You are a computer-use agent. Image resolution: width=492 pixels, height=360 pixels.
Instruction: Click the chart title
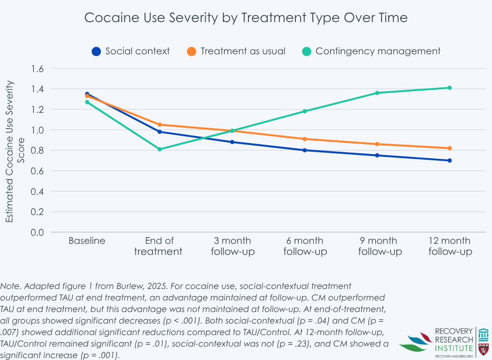(x=246, y=18)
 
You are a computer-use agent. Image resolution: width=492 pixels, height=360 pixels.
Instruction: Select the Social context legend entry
(x=137, y=51)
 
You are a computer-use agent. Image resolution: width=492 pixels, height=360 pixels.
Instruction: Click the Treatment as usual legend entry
(x=243, y=51)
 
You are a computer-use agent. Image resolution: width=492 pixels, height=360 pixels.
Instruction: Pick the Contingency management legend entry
(x=378, y=51)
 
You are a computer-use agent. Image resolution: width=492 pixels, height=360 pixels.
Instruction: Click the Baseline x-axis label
(x=87, y=240)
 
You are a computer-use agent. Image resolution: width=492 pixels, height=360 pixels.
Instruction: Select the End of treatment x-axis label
(x=159, y=246)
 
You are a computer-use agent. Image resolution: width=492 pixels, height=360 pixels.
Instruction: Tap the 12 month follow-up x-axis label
(x=450, y=246)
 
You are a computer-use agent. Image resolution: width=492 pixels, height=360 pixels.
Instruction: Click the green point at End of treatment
(x=160, y=149)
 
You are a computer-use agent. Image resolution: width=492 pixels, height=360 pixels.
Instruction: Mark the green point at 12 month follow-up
(x=450, y=88)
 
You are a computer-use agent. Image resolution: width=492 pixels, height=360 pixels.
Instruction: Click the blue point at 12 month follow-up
(x=450, y=160)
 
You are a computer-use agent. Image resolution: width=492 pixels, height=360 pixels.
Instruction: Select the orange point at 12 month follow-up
(x=450, y=148)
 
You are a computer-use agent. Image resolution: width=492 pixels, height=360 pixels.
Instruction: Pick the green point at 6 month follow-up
(x=305, y=111)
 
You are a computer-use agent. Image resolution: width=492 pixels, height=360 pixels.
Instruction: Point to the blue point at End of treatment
(x=160, y=132)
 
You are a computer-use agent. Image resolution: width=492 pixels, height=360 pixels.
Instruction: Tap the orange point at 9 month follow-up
(x=377, y=144)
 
